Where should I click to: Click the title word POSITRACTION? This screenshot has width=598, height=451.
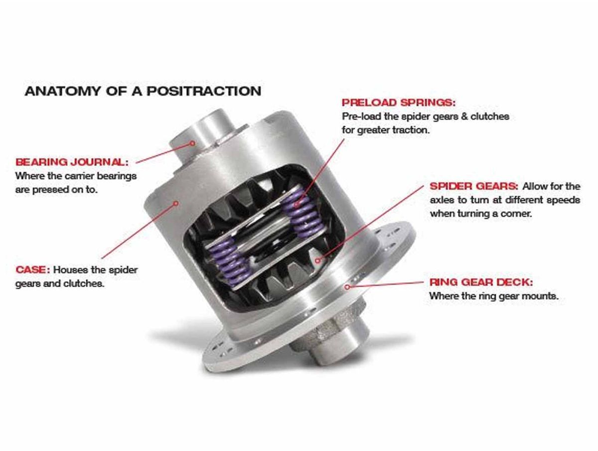(x=204, y=91)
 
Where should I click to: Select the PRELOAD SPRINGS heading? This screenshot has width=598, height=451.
(x=398, y=103)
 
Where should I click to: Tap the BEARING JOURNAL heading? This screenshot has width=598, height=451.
(x=72, y=162)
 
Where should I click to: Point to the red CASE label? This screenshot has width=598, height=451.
(x=33, y=270)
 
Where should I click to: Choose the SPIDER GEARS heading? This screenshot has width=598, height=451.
(x=474, y=186)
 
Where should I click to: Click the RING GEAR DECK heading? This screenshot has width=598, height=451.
(x=481, y=282)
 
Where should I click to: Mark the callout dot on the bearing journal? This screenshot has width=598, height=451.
(x=192, y=143)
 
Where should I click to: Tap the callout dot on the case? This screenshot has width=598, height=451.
(x=176, y=203)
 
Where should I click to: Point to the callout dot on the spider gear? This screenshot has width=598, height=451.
(x=317, y=260)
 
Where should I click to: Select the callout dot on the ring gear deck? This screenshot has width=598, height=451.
(x=347, y=287)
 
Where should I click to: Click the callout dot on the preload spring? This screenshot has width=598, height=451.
(x=297, y=204)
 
